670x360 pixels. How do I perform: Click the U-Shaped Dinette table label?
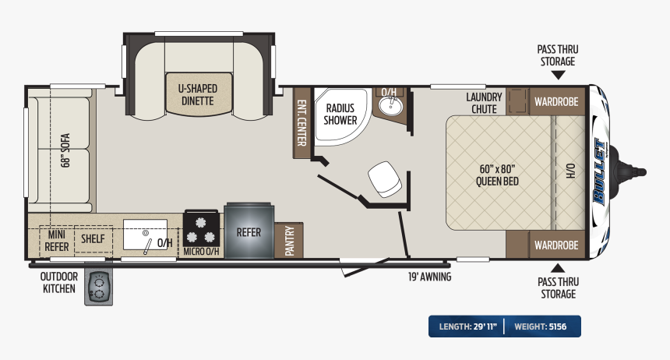pos(198,95)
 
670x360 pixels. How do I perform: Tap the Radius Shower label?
pos(340,115)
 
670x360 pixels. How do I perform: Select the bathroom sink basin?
pos(390,106)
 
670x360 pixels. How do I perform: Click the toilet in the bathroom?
pos(385,179)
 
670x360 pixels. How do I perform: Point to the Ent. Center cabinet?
pos(301,122)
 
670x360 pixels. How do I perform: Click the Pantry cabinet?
pos(289,240)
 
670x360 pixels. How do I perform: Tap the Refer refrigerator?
pos(249,231)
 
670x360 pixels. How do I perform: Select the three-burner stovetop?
pos(201,229)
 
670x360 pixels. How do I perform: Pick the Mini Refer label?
pos(56,241)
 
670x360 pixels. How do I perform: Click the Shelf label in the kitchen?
pos(93,238)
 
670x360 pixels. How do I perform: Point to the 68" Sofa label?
pos(65,150)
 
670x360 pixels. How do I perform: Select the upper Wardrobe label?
pos(556,102)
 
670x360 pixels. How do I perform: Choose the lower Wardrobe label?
pos(556,245)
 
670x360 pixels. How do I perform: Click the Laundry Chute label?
pos(484,103)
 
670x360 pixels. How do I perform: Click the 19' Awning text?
pos(429,277)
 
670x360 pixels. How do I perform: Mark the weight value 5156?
pos(558,326)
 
